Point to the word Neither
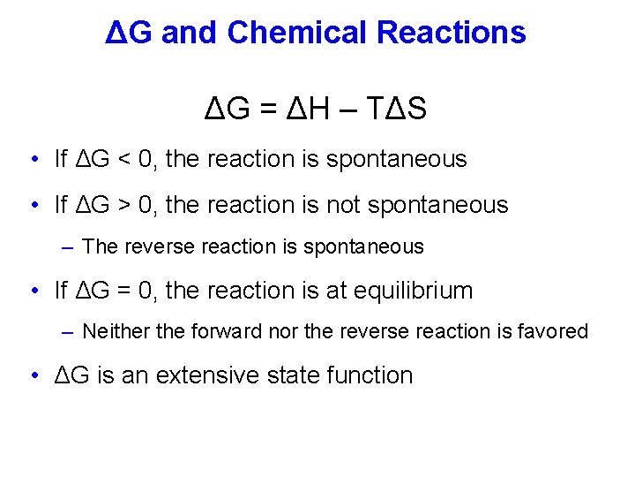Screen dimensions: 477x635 pos(114,331)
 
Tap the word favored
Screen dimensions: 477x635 pos(553,331)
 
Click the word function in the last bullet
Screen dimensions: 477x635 pos(370,375)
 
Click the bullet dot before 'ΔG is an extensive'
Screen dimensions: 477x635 pos(33,375)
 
